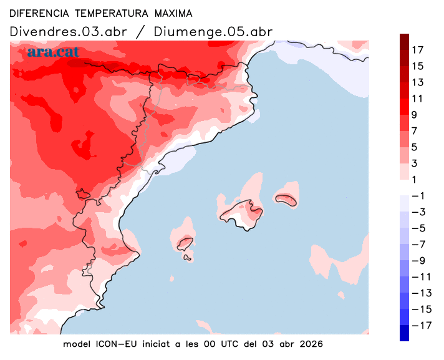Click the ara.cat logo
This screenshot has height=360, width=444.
pyautogui.click(x=54, y=52)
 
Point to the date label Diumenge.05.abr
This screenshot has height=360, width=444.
pyautogui.click(x=212, y=32)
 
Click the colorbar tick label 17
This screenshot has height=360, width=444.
pyautogui.click(x=418, y=50)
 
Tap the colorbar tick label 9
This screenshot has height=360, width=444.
pyautogui.click(x=415, y=115)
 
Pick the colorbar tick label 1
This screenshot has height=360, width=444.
pyautogui.click(x=415, y=180)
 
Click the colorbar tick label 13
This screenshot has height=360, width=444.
pyautogui.click(x=418, y=82)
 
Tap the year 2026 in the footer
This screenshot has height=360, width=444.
pyautogui.click(x=310, y=344)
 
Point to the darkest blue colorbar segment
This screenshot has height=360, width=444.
pyautogui.click(x=405, y=333)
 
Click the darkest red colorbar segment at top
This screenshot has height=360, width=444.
pyautogui.click(x=405, y=42)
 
